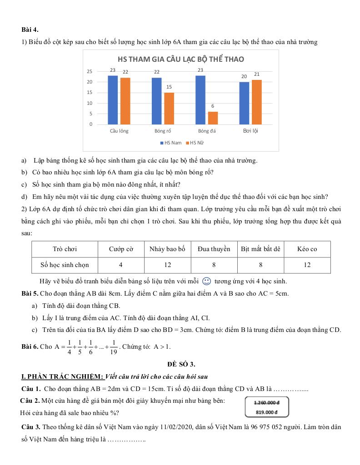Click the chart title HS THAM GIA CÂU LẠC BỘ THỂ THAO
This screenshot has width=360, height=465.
(x=180, y=59)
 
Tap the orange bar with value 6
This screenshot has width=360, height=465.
(x=213, y=118)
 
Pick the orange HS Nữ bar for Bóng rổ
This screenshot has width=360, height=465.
(x=169, y=108)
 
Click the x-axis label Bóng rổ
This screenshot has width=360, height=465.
(x=162, y=131)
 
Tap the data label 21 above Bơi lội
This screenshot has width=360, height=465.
(x=257, y=74)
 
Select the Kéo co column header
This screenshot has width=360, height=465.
(x=307, y=249)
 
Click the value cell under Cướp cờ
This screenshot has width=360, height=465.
(x=120, y=265)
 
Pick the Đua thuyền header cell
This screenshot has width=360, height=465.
(x=214, y=249)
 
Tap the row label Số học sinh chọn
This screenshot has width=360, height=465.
(x=65, y=265)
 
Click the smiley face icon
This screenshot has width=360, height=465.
(x=206, y=281)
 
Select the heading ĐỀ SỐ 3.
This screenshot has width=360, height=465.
(x=180, y=364)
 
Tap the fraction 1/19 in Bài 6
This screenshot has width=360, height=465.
(x=114, y=346)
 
